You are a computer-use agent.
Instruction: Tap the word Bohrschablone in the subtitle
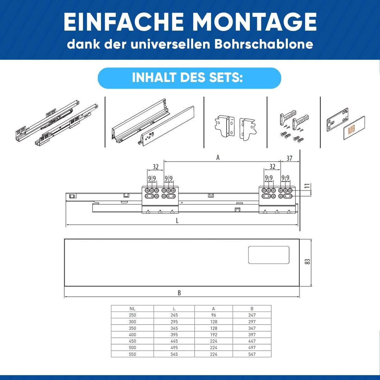264,44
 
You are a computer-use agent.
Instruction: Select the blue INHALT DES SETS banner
189,78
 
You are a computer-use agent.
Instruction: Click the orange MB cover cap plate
354,128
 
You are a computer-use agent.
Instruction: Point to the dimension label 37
289,158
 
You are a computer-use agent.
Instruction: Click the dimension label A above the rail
218,158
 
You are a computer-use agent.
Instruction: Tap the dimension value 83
307,262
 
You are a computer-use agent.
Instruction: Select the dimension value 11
307,186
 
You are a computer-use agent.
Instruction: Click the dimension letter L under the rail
177,221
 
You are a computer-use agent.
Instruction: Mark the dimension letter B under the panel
179,293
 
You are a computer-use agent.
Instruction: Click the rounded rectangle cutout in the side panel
269,255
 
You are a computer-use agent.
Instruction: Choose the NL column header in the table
132,309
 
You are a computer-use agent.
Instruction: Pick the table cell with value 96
213,315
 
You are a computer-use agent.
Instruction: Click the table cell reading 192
213,335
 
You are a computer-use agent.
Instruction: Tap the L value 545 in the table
174,354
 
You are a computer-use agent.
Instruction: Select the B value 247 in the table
252,315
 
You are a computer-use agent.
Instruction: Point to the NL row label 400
132,335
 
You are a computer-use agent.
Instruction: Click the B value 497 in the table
252,348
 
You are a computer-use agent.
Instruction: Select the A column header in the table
213,309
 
